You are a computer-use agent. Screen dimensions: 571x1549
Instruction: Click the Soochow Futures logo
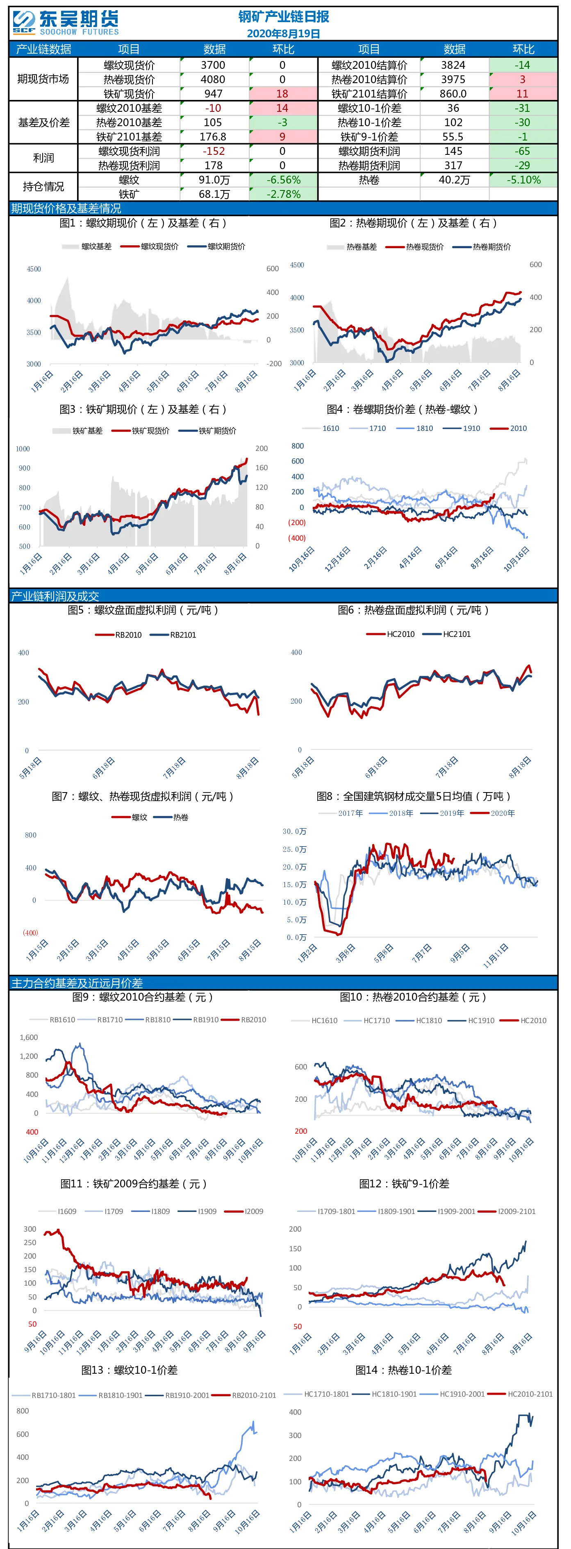point(65,23)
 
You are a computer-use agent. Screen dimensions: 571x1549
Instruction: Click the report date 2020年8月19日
point(283,34)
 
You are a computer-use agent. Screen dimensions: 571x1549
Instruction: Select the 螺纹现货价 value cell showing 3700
point(214,65)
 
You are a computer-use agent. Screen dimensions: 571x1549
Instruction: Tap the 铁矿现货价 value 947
point(214,94)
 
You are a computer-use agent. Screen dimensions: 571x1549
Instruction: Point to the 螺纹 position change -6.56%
point(283,180)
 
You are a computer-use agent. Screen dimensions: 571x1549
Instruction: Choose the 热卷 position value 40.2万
point(454,180)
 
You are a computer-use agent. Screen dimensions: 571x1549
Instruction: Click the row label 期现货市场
point(43,79)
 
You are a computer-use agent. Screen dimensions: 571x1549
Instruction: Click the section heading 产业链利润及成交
point(55,596)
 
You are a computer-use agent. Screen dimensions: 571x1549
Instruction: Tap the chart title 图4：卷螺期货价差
point(402,410)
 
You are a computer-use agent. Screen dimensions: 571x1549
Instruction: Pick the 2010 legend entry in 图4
point(509,428)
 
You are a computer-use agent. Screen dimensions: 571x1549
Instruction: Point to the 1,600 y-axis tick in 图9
point(29,1037)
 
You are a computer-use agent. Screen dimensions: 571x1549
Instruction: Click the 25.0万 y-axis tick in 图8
point(295,849)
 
